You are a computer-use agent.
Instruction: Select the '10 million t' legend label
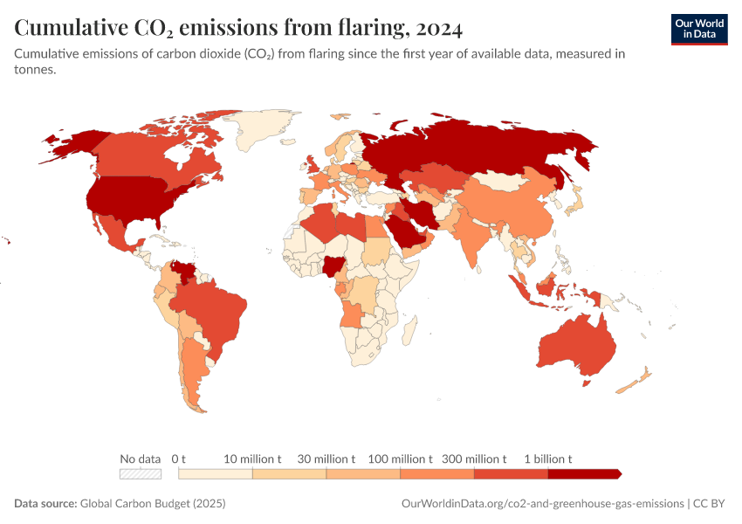[x=252, y=458]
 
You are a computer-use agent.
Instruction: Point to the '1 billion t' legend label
[x=548, y=458]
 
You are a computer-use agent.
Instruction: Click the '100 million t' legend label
[x=401, y=458]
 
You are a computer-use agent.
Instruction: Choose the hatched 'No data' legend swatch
[x=141, y=473]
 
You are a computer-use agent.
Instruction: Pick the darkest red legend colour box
[x=584, y=473]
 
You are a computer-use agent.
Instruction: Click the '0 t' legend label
[x=180, y=458]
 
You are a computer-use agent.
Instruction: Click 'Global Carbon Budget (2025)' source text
[x=153, y=504]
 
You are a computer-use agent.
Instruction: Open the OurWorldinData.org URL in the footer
[x=541, y=504]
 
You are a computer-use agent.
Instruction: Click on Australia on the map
[x=576, y=345]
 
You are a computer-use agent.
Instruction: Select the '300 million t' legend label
[x=474, y=458]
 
